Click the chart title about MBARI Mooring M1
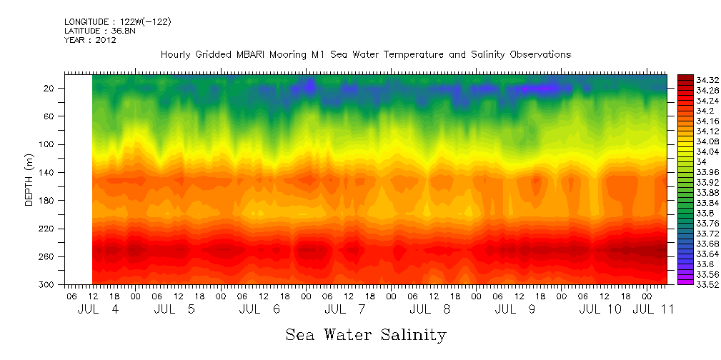[x=365, y=54]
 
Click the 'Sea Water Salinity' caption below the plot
[x=366, y=334]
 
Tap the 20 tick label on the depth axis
[x=49, y=88]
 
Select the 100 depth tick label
[x=47, y=144]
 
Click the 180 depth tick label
[x=47, y=201]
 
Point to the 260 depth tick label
[x=47, y=256]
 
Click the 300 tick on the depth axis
[x=47, y=284]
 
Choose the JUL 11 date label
[x=652, y=309]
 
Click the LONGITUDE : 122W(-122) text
[x=117, y=22]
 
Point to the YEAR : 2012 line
[x=90, y=40]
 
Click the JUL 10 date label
[x=600, y=309]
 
